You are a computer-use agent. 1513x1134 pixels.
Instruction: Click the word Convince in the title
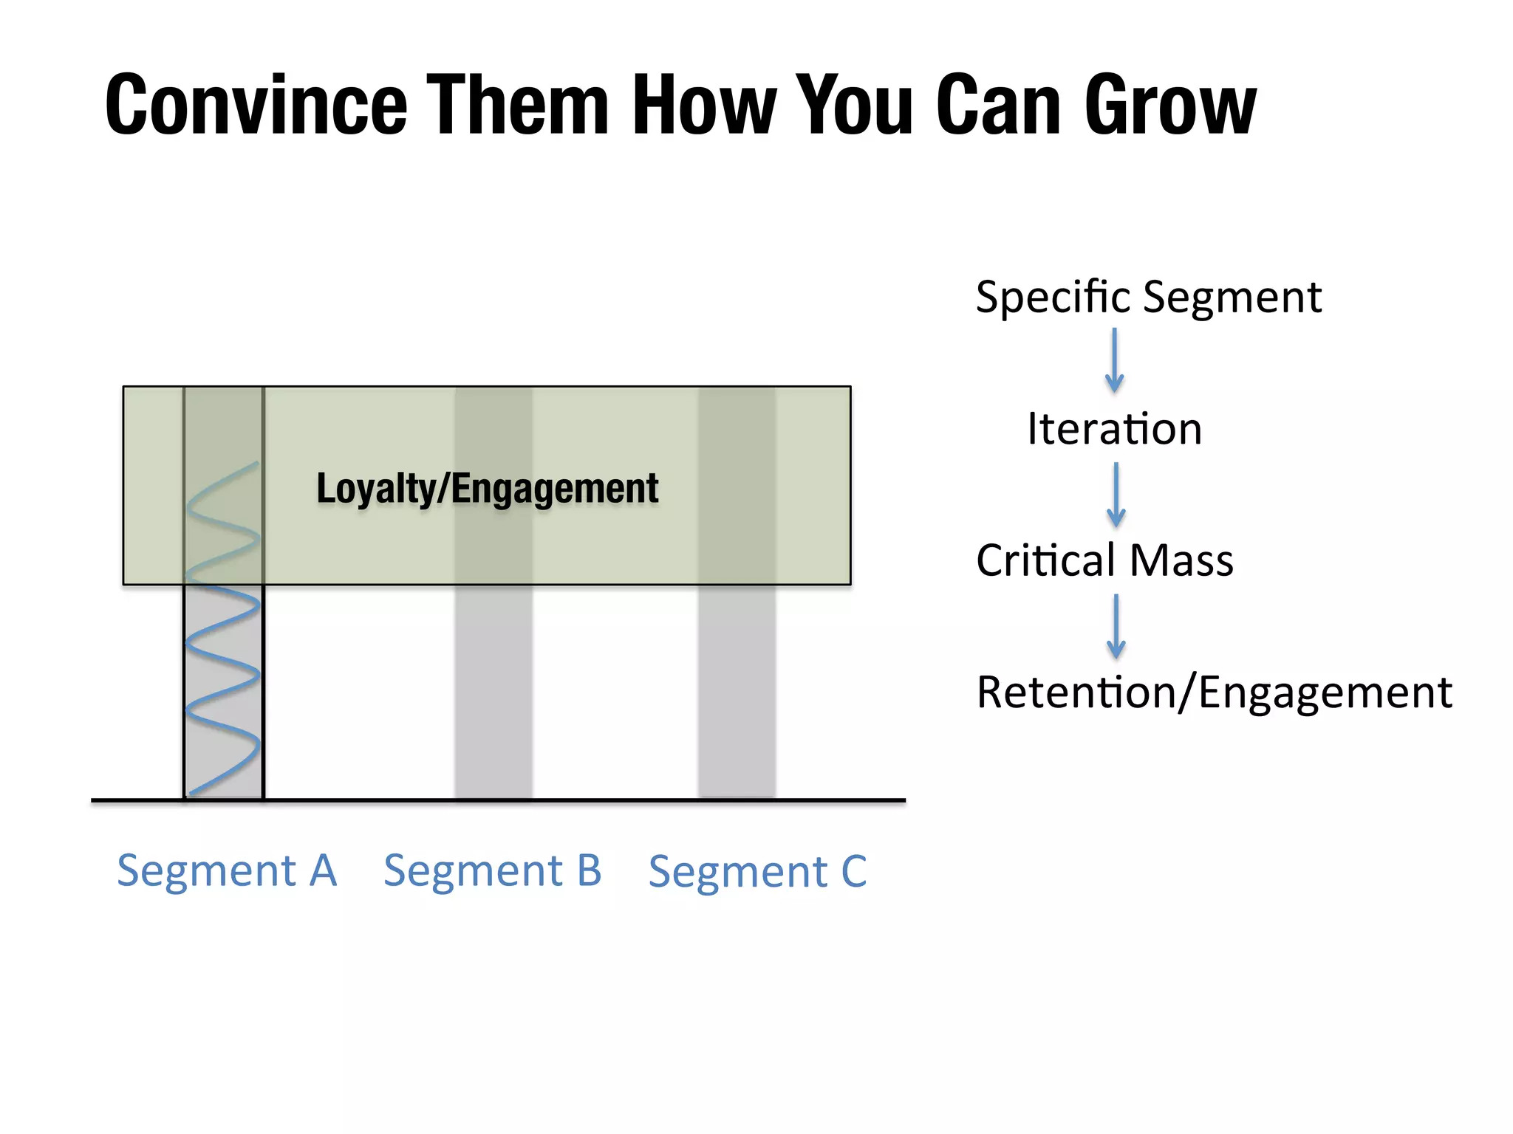256,105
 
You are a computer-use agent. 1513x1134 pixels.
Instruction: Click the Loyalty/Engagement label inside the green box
488,489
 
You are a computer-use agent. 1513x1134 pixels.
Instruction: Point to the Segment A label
227,870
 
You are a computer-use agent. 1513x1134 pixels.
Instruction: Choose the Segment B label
493,870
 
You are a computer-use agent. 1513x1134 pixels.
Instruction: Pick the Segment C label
757,872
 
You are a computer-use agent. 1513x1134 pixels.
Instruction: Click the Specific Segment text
1148,298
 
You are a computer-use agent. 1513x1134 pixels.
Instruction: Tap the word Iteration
1114,429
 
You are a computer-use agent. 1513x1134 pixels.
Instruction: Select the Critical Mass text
1104,560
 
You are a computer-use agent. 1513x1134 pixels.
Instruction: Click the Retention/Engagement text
1214,693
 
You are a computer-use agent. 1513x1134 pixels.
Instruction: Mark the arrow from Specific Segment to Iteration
1115,361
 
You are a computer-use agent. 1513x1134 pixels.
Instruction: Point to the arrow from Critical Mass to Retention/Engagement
1116,627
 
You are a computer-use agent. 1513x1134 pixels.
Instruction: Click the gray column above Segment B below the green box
493,690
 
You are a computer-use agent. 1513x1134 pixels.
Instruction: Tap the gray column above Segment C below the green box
737,690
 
